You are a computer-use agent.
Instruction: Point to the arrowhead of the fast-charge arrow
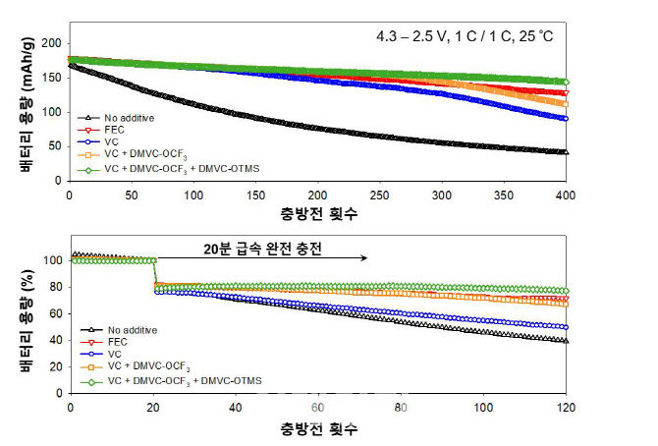[x=365, y=258]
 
